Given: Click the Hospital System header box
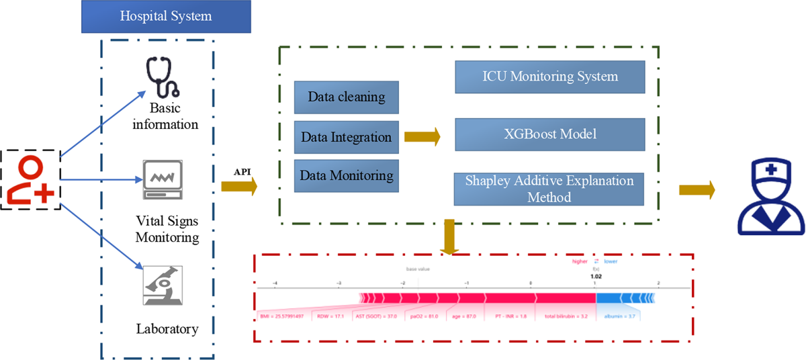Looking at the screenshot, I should tap(165, 16).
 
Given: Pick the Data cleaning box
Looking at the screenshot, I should tap(347, 97).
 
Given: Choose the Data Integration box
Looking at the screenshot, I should tap(347, 137).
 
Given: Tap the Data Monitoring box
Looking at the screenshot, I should tap(347, 176).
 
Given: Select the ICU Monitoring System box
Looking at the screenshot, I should tap(550, 77).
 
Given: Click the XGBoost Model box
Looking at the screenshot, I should tap(550, 134).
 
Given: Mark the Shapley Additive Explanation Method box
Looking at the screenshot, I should tap(550, 189).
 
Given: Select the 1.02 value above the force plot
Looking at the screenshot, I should tap(596, 275).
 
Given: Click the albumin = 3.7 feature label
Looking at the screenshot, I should tap(617, 315).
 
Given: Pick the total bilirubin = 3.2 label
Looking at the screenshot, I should tap(566, 315).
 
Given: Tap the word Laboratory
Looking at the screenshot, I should tap(167, 329).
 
